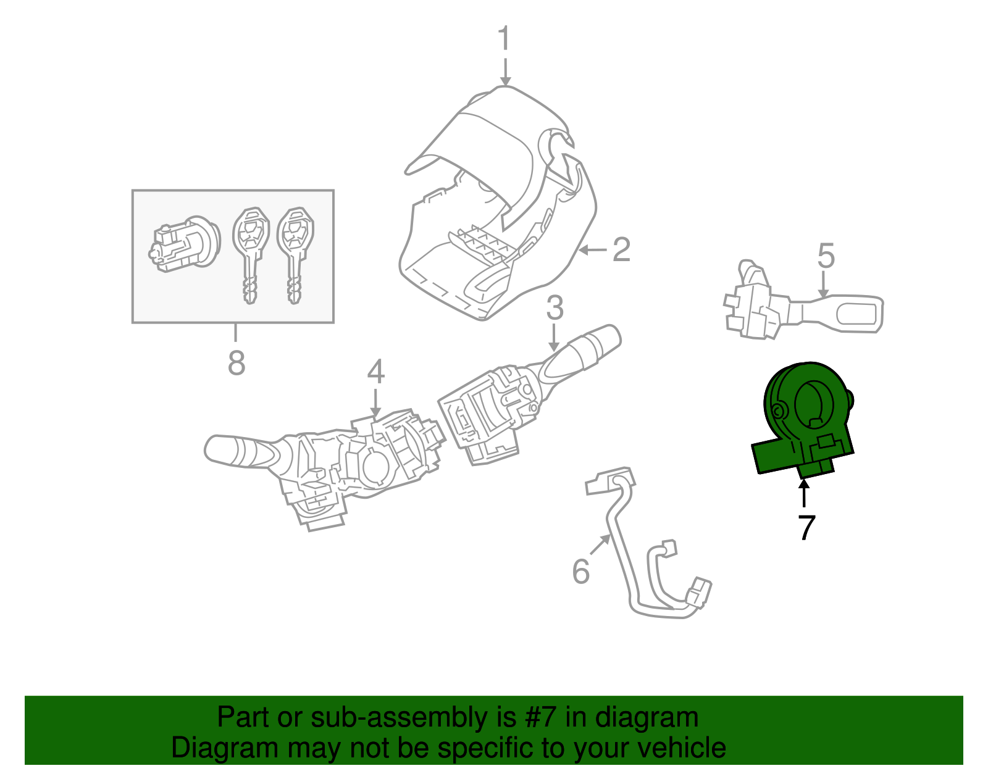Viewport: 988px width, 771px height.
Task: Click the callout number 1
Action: pyautogui.click(x=504, y=38)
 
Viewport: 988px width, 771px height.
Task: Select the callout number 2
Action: pyautogui.click(x=621, y=249)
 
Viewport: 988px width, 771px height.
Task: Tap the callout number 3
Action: pyautogui.click(x=555, y=307)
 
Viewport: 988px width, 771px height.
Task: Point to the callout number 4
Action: pyautogui.click(x=375, y=372)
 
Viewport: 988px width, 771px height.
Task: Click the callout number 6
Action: pyautogui.click(x=580, y=571)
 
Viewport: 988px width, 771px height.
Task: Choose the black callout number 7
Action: pyautogui.click(x=806, y=527)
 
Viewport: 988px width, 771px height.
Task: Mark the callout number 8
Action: pyautogui.click(x=237, y=362)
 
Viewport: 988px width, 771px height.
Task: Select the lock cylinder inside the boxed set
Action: pyautogui.click(x=184, y=245)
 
